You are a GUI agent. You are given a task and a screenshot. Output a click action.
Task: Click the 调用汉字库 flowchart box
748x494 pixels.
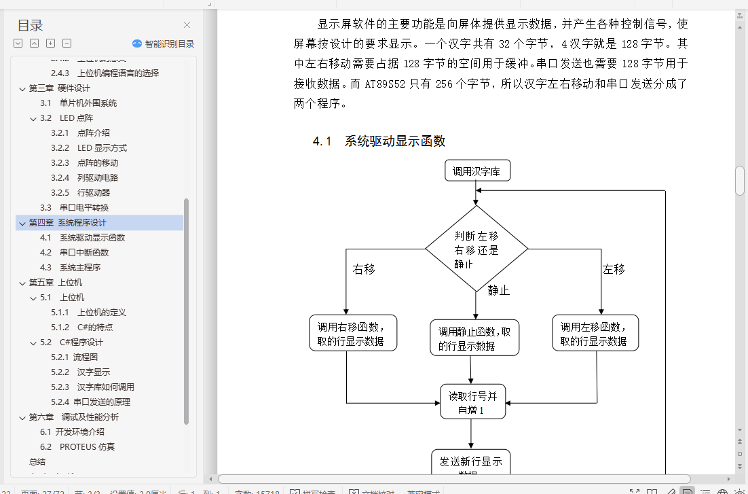pos(476,171)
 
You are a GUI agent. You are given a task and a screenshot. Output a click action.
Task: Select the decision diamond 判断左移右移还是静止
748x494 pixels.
pos(476,249)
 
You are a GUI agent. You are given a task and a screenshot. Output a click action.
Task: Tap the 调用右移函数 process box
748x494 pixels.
pos(352,333)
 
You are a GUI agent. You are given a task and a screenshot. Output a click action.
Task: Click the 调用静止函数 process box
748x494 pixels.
pos(474,338)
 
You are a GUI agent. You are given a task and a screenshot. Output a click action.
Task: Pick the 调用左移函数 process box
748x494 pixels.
pos(595,333)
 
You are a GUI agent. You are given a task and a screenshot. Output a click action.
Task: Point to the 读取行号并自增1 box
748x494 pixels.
pos(472,402)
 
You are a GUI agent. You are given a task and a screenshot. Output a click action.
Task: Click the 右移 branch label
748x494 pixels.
pos(364,269)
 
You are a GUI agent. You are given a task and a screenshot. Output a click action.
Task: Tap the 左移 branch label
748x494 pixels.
pos(614,269)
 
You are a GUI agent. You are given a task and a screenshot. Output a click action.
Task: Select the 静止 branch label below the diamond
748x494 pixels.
pos(498,290)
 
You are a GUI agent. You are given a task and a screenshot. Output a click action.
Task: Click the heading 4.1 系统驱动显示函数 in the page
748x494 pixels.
pos(379,141)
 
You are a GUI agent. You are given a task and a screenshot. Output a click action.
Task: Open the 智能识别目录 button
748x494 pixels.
pos(163,43)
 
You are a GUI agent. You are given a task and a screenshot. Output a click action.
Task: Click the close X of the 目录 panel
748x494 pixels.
pos(187,26)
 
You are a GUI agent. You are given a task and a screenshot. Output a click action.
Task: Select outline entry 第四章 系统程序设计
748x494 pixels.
pos(67,223)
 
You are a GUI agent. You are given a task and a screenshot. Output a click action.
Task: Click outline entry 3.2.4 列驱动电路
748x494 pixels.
pos(97,178)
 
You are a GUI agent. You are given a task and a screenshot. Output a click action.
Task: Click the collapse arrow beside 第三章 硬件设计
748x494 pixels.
pos(22,88)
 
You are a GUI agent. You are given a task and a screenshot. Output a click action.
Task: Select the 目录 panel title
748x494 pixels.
pos(30,26)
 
